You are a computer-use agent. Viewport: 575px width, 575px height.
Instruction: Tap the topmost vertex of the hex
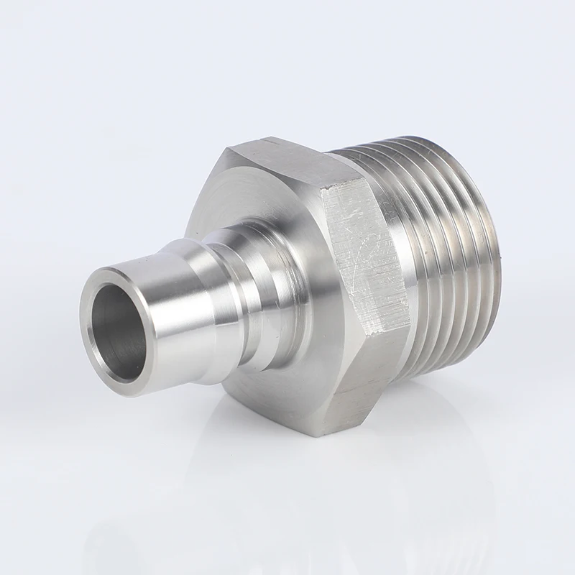[x=262, y=138]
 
